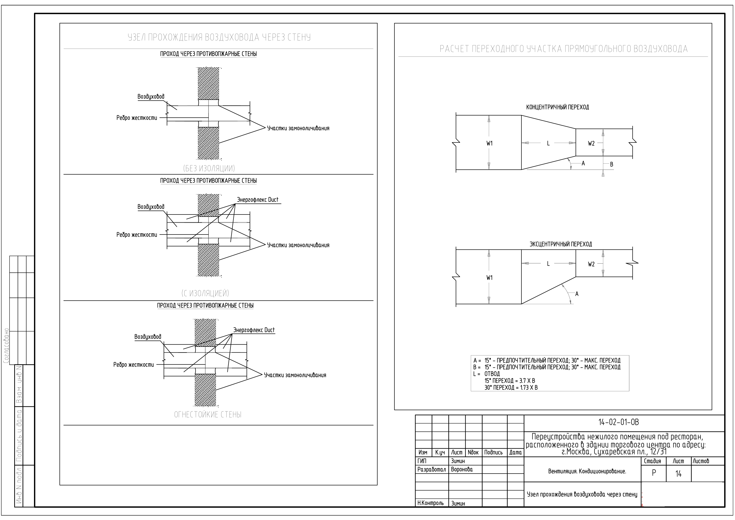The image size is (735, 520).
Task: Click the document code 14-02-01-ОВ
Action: pyautogui.click(x=619, y=422)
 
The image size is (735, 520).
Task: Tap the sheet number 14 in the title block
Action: pyautogui.click(x=678, y=474)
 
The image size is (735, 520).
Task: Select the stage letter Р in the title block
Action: pyautogui.click(x=654, y=473)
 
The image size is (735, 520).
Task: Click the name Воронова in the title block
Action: pyautogui.click(x=462, y=469)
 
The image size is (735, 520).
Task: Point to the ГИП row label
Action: pyautogui.click(x=422, y=461)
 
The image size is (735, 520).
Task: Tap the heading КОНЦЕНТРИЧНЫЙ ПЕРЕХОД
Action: pyautogui.click(x=557, y=107)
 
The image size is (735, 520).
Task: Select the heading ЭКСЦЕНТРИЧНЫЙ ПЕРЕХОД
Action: pyautogui.click(x=561, y=244)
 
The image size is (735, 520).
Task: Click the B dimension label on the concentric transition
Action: pyautogui.click(x=611, y=164)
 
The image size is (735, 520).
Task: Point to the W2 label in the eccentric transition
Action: pyautogui.click(x=591, y=264)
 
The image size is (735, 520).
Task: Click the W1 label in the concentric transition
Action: pyautogui.click(x=489, y=144)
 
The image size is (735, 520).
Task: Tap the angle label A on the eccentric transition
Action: pyautogui.click(x=577, y=294)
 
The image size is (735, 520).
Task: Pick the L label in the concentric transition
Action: pyautogui.click(x=548, y=144)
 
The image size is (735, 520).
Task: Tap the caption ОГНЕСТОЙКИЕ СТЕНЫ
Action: pyautogui.click(x=208, y=415)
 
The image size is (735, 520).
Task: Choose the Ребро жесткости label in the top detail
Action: pyautogui.click(x=137, y=118)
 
